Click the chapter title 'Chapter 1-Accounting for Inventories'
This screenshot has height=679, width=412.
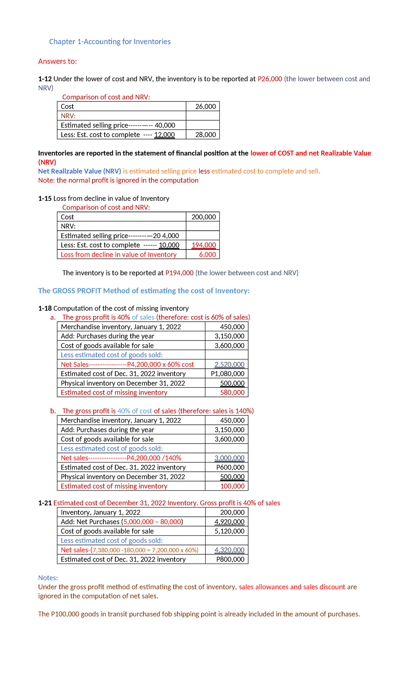click(x=110, y=42)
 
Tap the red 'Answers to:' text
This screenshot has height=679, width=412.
click(x=57, y=61)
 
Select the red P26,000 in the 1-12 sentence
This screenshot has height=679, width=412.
click(x=270, y=79)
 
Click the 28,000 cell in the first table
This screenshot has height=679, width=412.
click(x=205, y=135)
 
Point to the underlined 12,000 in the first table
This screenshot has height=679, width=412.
click(x=164, y=135)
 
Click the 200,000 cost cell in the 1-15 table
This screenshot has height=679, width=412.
click(x=204, y=217)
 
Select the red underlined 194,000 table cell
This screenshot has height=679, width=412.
click(x=204, y=245)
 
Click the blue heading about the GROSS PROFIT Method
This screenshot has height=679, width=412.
click(x=144, y=291)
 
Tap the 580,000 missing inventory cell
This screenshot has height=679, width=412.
click(x=232, y=392)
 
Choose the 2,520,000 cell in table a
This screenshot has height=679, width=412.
click(x=229, y=364)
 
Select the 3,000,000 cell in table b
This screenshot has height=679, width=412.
click(x=229, y=458)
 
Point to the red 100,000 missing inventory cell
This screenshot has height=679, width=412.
click(x=232, y=486)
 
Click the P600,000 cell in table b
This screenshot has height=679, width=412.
click(x=230, y=467)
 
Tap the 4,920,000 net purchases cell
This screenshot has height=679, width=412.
click(x=229, y=522)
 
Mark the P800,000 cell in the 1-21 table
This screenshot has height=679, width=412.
click(x=230, y=559)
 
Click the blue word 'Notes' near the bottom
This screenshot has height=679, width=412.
click(x=47, y=578)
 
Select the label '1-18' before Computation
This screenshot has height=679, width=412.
click(x=45, y=308)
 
